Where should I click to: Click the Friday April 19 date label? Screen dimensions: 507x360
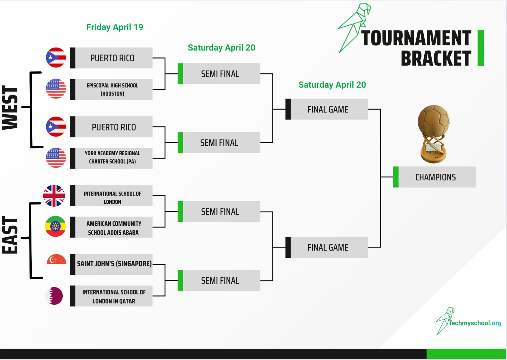pos(115,27)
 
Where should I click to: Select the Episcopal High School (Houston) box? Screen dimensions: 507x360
pos(111,89)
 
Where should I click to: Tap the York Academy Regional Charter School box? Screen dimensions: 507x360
pos(111,158)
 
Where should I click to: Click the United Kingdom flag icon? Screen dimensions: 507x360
pos(54,196)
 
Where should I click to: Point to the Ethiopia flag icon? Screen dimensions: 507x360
pos(55,226)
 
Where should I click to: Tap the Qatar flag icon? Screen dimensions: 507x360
pos(54,296)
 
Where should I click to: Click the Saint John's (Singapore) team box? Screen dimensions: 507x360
pos(111,264)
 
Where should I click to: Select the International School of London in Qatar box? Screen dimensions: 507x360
pos(111,296)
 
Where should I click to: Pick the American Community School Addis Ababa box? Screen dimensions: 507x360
pos(111,227)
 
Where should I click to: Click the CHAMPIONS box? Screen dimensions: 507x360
pos(434,177)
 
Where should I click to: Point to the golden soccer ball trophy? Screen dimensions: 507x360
pos(433,134)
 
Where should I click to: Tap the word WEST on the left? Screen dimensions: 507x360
pos(10,107)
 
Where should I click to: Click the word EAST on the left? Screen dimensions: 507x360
pos(10,235)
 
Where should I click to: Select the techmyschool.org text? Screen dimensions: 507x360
pos(475,323)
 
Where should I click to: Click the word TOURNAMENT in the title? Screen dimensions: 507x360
pos(416,38)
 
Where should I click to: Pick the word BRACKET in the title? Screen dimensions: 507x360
pos(436,58)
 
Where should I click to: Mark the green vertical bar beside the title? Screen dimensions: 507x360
pos(481,48)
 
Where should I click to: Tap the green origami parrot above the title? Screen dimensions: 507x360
pos(354,28)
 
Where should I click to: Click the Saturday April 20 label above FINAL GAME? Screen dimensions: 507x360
pos(332,85)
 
